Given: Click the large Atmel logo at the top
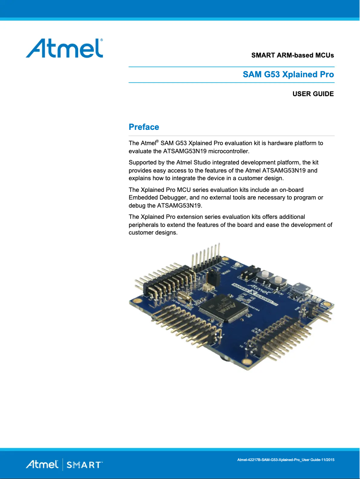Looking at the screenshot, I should click(64, 48).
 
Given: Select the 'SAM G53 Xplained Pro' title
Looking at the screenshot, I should click(288, 75).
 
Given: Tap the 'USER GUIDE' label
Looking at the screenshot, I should click(313, 94).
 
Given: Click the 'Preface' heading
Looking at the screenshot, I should click(144, 127).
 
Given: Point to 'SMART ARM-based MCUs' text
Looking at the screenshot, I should click(292, 56).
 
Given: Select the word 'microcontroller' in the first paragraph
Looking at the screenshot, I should click(227, 151).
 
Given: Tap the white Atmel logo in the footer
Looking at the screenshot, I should click(42, 465).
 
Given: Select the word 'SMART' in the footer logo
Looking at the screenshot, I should click(84, 465).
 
